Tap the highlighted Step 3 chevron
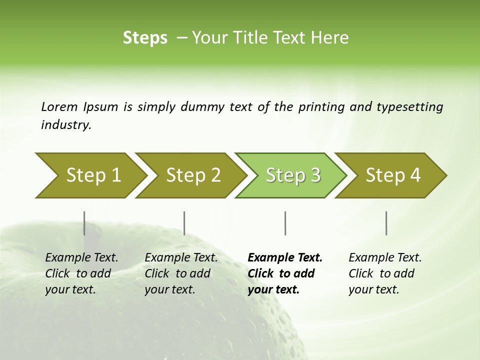293,175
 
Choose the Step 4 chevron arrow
393,175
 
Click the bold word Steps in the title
145,38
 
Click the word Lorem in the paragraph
59,106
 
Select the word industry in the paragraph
66,125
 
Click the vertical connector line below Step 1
84,223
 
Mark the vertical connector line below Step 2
184,223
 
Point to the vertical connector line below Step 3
285,223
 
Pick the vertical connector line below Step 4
386,223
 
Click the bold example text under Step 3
285,273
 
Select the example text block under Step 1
81,273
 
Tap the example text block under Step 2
181,273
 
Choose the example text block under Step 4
385,273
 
